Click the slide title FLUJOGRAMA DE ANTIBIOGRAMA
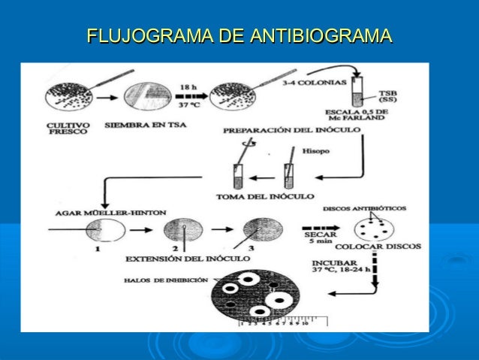(x=239, y=36)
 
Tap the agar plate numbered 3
(x=258, y=228)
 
